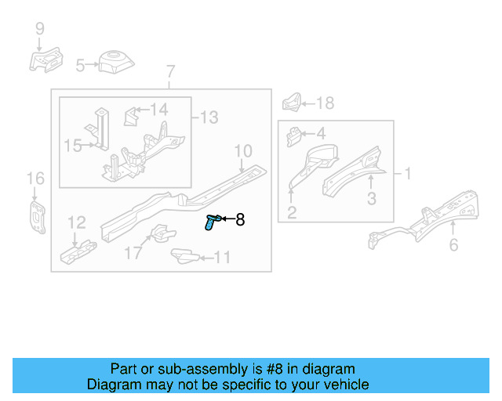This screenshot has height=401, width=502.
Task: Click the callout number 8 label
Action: pos(240,221)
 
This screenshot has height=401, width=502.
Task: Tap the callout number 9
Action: pos(39,30)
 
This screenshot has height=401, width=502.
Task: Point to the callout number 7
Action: pos(170,73)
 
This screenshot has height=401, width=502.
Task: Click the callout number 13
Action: pos(209,117)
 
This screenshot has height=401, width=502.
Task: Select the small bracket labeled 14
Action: pos(131,117)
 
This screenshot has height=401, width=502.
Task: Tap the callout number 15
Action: pos(72,145)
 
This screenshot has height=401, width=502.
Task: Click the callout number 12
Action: pos(76,223)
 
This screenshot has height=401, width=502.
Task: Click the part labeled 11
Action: pos(182,255)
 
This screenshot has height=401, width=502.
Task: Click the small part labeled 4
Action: pos(294,135)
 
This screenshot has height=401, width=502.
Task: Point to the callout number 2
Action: pos(291,212)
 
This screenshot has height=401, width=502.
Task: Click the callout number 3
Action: pos(372,199)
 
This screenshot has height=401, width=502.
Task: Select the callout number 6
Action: pos(453,246)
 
